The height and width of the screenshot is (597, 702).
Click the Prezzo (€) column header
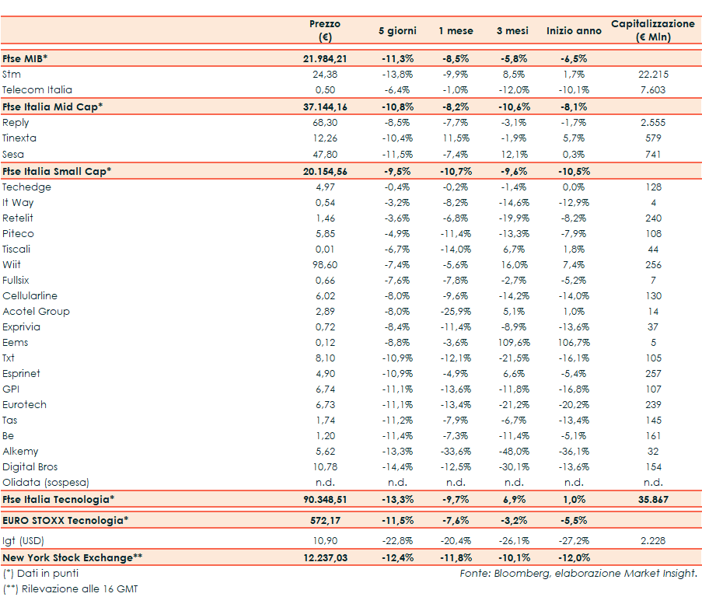point(325,30)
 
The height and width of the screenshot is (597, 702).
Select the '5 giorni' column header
point(397,31)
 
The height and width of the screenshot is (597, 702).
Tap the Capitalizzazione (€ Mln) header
point(653,30)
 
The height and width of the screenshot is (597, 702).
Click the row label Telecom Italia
point(37,90)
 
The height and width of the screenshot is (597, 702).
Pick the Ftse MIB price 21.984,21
point(325,58)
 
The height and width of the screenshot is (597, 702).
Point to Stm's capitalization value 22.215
point(653,75)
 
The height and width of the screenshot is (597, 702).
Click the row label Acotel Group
point(36,311)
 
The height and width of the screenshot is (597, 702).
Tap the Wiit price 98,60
point(325,264)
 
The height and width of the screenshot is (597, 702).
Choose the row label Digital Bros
point(31,466)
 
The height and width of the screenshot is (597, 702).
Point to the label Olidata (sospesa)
point(46,482)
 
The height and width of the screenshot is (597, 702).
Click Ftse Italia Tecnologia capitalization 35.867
point(653,498)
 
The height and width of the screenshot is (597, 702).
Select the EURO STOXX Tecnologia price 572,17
point(325,520)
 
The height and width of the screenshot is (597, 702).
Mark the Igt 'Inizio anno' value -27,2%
point(574,539)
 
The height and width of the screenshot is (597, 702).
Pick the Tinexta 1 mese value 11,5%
point(456,138)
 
